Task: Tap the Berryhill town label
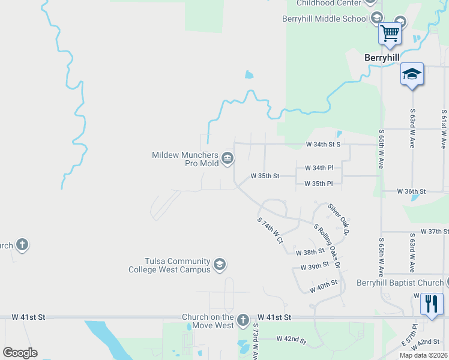(382, 58)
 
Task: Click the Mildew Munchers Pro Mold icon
(228, 158)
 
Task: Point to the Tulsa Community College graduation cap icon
(220, 265)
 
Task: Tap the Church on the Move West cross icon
(243, 320)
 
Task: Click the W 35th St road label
(265, 176)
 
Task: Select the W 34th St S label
(323, 144)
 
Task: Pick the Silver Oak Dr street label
(339, 218)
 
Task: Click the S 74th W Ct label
(270, 230)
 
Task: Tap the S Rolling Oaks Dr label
(328, 245)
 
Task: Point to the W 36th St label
(411, 191)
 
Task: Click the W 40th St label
(324, 286)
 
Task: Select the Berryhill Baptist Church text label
(400, 283)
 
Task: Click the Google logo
(20, 353)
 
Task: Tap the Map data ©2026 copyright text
(423, 355)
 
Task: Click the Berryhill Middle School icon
(376, 18)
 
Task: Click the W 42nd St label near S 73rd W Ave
(292, 339)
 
